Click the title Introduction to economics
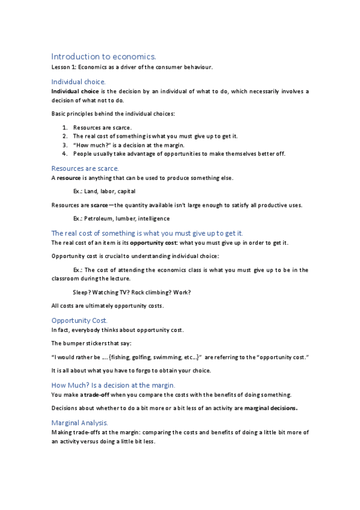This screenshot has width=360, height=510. click(x=103, y=56)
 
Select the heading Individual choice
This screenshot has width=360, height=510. click(x=78, y=81)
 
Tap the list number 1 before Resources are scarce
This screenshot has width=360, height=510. click(x=65, y=127)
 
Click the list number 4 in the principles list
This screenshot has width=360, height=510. click(x=65, y=153)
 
